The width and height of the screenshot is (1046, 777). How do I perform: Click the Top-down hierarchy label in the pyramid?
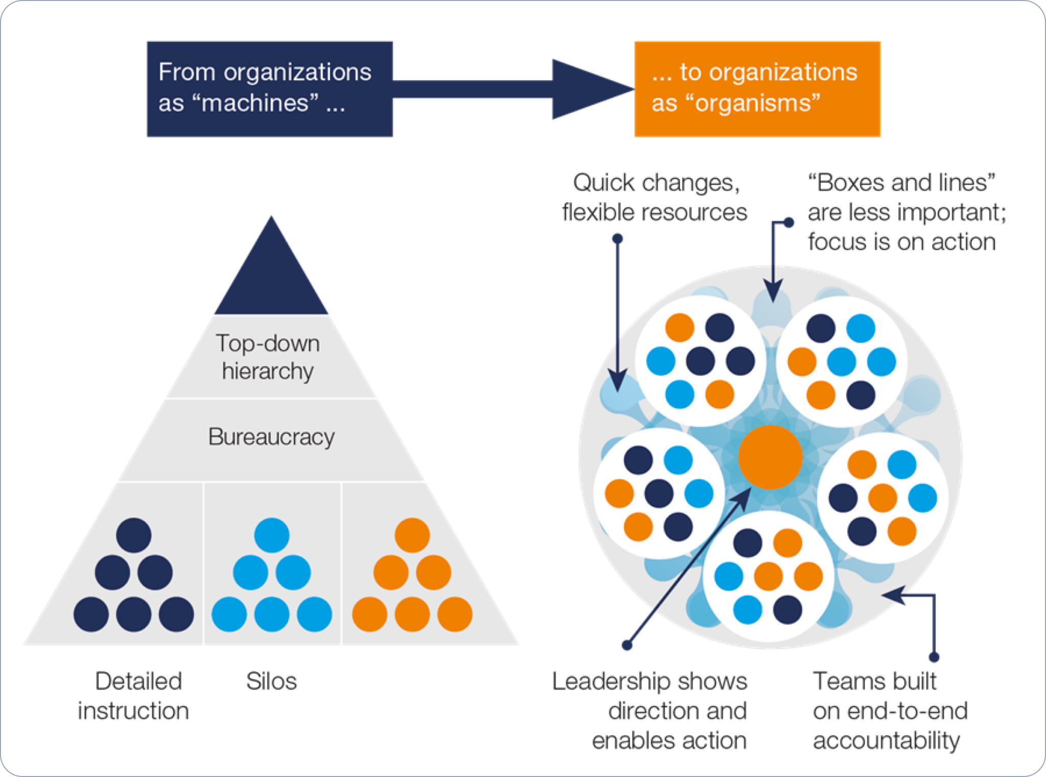pyautogui.click(x=268, y=357)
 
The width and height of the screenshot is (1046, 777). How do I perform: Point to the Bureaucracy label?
pyautogui.click(x=271, y=437)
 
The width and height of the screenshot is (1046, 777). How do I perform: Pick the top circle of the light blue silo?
pyautogui.click(x=272, y=535)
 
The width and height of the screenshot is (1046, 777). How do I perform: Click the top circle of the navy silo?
pyautogui.click(x=134, y=535)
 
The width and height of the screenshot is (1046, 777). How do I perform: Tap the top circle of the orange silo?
pyautogui.click(x=412, y=535)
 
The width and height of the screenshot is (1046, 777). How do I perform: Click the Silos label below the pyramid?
pyautogui.click(x=271, y=681)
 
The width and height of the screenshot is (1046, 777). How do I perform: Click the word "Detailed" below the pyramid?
pyautogui.click(x=138, y=681)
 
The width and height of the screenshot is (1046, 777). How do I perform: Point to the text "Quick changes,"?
pyautogui.click(x=656, y=183)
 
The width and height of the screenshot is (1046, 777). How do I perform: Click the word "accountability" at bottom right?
pyautogui.click(x=887, y=740)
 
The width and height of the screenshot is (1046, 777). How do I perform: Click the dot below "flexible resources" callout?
pyautogui.click(x=617, y=238)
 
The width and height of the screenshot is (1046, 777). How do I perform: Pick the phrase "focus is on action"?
pyautogui.click(x=902, y=242)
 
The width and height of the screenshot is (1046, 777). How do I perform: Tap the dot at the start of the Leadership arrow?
pyautogui.click(x=627, y=645)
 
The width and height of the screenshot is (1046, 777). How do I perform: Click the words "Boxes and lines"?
pyautogui.click(x=901, y=183)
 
